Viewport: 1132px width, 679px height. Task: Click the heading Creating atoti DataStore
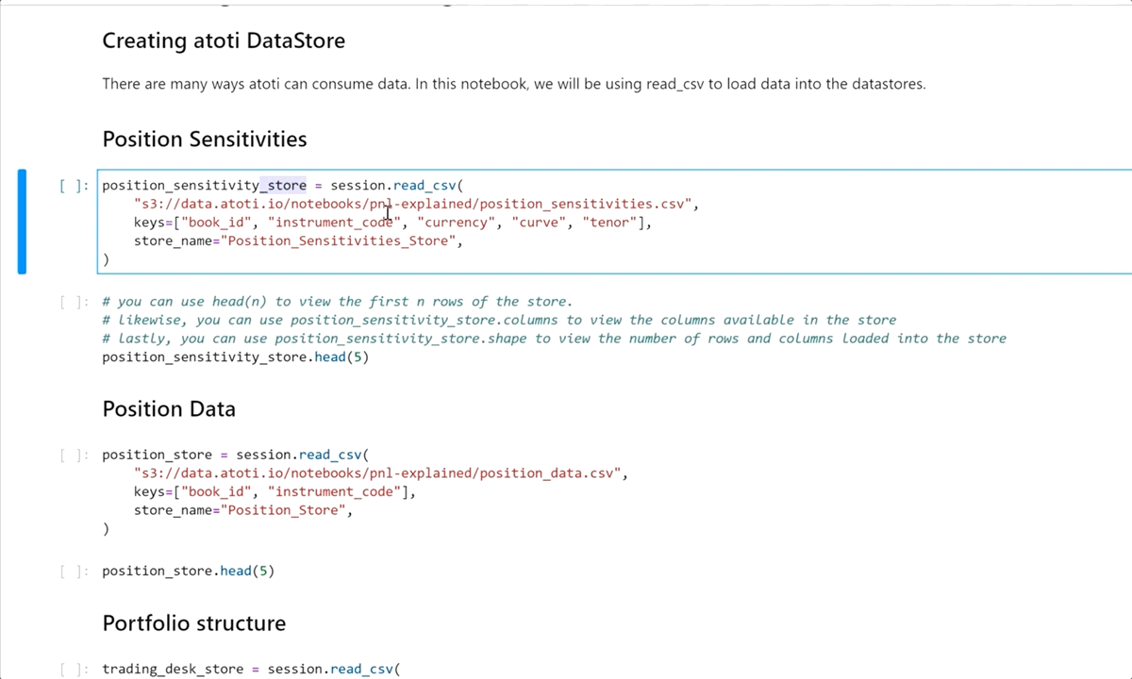tap(224, 41)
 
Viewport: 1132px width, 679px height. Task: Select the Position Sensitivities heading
tap(205, 139)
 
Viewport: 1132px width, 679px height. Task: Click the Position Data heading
tap(169, 408)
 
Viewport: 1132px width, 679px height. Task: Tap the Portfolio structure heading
tap(194, 623)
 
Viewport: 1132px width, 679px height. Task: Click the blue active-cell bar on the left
tap(22, 222)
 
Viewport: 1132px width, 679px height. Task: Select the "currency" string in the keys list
tap(457, 223)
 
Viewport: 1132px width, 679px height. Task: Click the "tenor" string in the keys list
tap(609, 223)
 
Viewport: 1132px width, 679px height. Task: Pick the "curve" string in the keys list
tap(539, 223)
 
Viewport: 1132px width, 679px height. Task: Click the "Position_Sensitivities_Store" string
tap(339, 241)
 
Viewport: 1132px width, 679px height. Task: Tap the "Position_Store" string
tap(284, 510)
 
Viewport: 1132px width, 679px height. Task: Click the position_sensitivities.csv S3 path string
tap(413, 204)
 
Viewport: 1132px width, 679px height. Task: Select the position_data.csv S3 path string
tap(377, 473)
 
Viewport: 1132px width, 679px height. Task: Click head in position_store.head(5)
tap(236, 571)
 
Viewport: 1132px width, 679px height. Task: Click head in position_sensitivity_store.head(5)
tap(330, 357)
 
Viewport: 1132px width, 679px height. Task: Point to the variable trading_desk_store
tap(173, 670)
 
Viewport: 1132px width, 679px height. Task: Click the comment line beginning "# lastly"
tap(555, 339)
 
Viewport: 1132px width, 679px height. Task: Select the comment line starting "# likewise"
tap(499, 321)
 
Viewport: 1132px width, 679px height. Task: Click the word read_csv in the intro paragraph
tap(675, 84)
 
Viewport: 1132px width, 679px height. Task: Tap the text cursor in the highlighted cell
tap(388, 213)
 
